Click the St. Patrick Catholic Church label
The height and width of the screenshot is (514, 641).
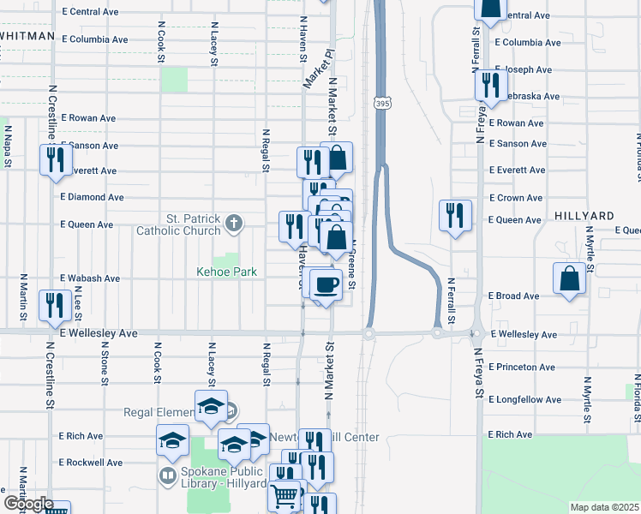[178, 224]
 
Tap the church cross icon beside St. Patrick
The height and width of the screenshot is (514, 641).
[233, 224]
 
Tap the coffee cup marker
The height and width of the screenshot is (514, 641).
[326, 284]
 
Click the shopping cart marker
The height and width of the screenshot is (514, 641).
[285, 496]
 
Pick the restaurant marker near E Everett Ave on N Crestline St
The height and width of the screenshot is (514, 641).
[55, 161]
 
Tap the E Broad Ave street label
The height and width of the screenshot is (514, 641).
[513, 296]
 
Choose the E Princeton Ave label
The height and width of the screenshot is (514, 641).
[522, 368]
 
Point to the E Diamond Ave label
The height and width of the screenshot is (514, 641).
[92, 197]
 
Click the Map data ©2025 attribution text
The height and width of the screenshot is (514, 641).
[604, 507]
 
